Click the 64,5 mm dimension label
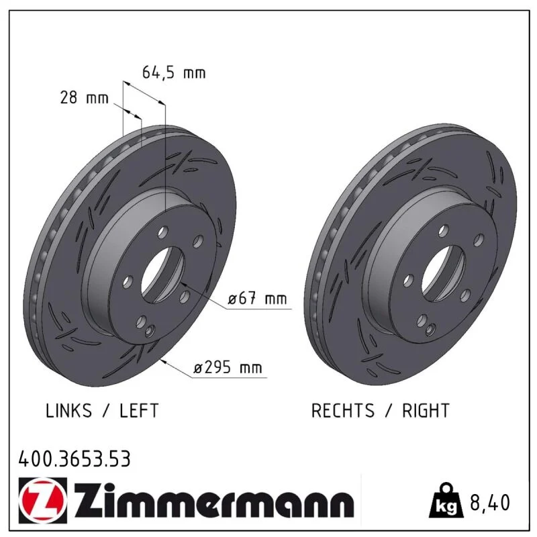(174, 72)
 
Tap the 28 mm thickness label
(85, 97)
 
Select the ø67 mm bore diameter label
(257, 298)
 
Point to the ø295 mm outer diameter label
(228, 368)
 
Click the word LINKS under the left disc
(69, 410)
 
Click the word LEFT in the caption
(139, 410)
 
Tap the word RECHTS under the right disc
(343, 410)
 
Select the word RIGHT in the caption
(426, 410)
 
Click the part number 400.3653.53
(75, 459)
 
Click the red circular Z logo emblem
(43, 500)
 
